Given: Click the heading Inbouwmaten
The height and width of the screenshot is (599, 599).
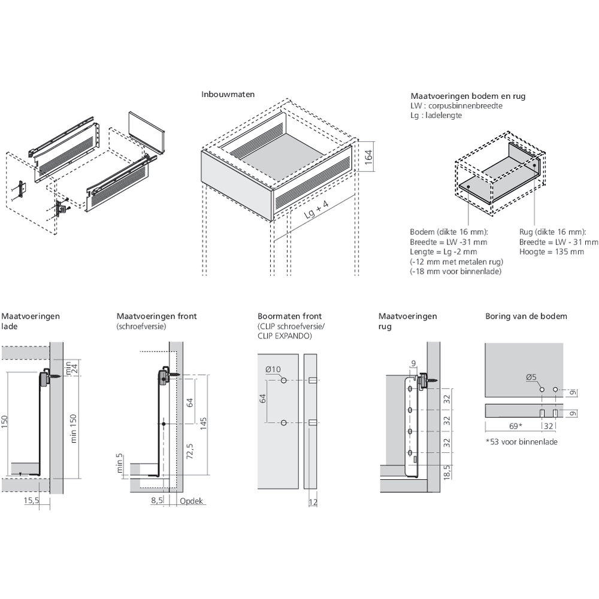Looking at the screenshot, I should coord(228,95).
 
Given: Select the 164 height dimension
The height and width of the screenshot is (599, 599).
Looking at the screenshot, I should coord(369,156).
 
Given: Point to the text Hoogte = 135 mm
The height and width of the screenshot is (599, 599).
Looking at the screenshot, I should coord(551,252).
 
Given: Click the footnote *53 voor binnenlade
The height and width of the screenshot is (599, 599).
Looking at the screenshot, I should coord(521,442).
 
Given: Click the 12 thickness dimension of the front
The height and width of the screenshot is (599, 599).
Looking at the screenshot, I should coord(313,502).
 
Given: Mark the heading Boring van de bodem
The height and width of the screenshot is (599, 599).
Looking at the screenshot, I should coord(526,316).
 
